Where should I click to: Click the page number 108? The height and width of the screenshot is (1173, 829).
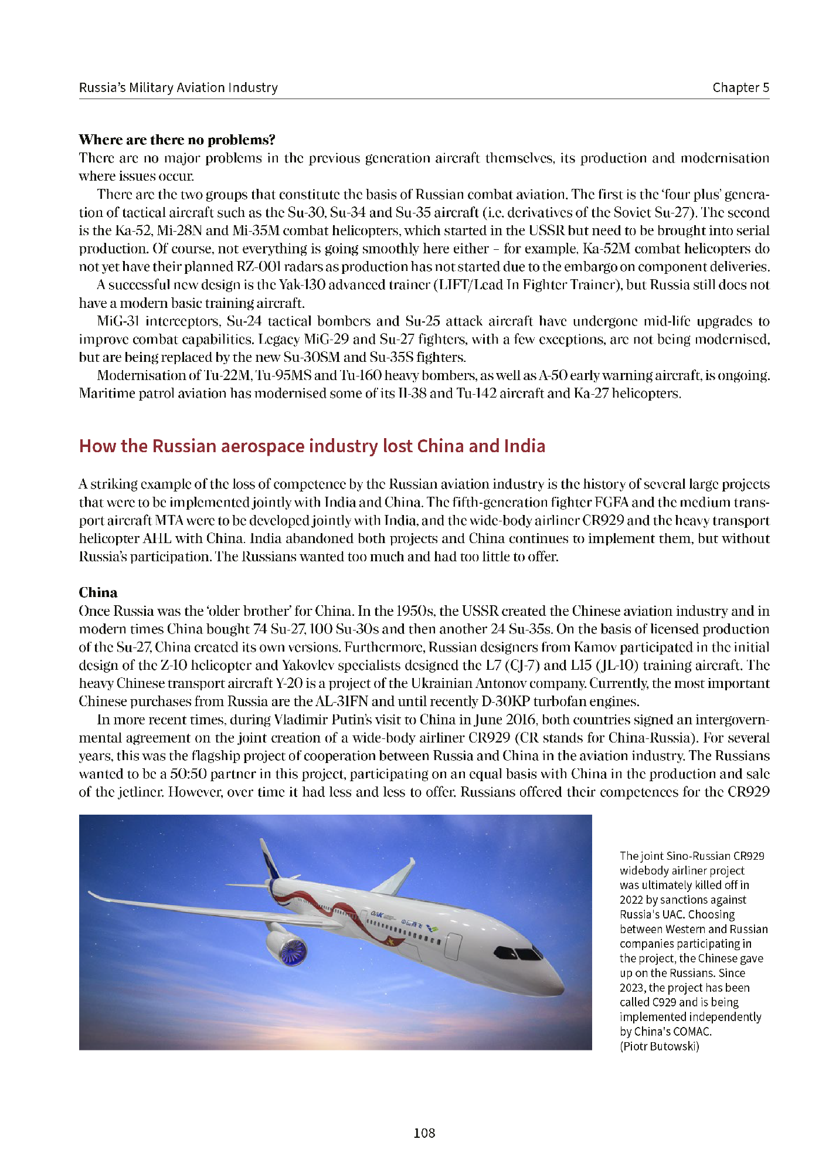(424, 1133)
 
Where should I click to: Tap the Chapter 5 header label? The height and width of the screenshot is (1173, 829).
(740, 87)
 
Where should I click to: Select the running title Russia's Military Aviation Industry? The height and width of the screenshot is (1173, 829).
(178, 87)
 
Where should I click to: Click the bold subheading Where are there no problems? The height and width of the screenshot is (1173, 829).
(177, 140)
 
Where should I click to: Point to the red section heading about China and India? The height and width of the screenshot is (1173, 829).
(312, 446)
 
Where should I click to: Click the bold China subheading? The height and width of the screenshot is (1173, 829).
(98, 592)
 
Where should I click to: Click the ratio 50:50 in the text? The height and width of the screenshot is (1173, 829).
(184, 774)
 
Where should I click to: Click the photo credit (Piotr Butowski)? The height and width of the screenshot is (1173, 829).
(659, 1046)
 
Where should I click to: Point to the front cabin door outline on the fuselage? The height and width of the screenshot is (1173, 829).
(454, 946)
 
